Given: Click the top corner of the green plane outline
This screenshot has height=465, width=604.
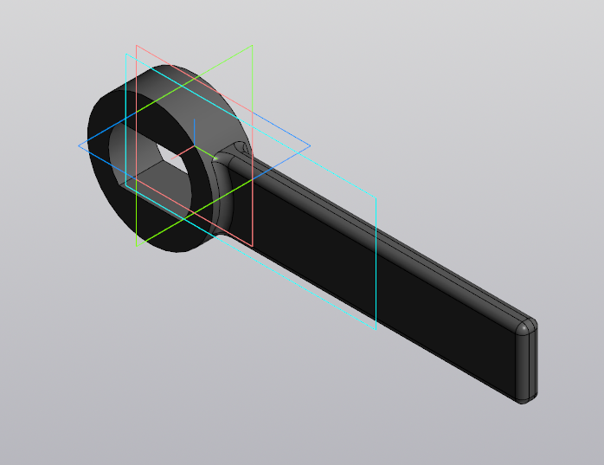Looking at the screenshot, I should [252, 46].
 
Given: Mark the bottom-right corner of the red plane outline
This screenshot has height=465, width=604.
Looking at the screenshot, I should [253, 245].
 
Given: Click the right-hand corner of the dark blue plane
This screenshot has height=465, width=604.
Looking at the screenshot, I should [310, 145].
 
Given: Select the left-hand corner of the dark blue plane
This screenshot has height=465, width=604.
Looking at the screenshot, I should [79, 145].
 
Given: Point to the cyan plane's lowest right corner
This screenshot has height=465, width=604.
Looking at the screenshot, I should [376, 330].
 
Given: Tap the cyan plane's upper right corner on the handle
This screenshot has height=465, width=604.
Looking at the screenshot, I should [376, 197].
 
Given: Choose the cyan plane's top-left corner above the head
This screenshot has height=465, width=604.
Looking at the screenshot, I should [126, 54].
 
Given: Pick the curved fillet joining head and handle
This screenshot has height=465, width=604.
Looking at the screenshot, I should [223, 186].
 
